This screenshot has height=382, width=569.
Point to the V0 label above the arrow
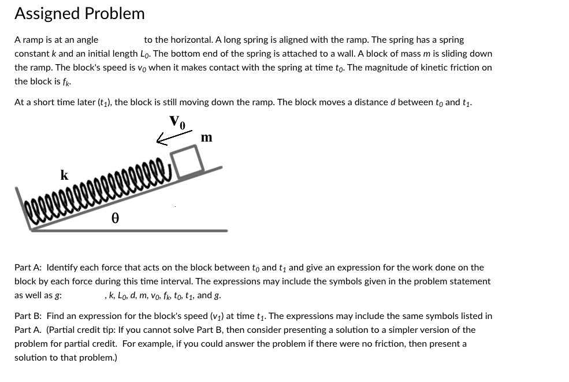[177, 121]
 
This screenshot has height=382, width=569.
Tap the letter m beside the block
[206, 138]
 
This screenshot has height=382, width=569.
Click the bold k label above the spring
[64, 175]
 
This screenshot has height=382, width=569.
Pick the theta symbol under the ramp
[115, 218]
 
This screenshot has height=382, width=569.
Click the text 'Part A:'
[28, 268]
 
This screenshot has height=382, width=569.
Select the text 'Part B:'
[28, 316]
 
